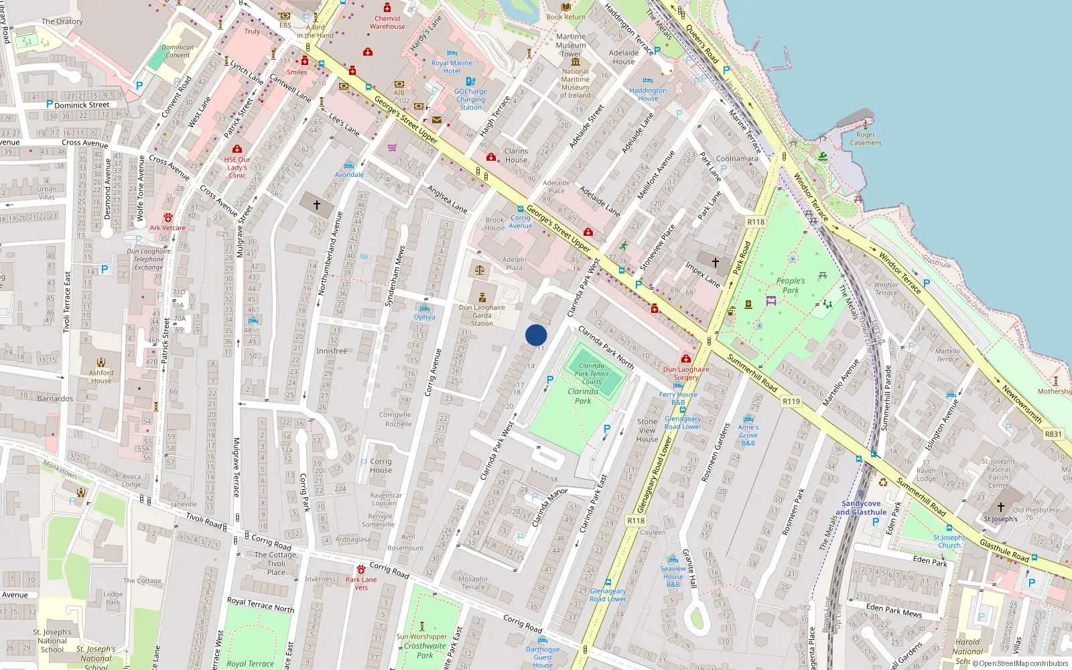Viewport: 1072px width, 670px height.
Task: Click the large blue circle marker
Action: (x=536, y=335)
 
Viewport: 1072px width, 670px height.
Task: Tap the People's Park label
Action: (x=791, y=285)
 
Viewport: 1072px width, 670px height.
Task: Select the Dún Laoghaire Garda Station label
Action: (x=482, y=315)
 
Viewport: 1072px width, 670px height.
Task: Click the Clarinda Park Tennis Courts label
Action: (x=592, y=374)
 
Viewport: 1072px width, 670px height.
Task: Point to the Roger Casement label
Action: (x=866, y=139)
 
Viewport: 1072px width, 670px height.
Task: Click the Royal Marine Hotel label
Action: (x=452, y=67)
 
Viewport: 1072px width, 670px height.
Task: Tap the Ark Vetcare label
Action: (x=167, y=228)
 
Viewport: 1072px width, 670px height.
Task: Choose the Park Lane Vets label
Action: (x=361, y=584)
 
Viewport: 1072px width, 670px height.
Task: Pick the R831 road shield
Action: (x=1053, y=434)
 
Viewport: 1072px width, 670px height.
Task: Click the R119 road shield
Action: (x=791, y=401)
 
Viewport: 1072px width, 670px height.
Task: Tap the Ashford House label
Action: (x=101, y=377)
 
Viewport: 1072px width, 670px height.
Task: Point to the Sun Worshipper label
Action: (x=421, y=636)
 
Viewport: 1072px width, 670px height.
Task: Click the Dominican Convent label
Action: (x=178, y=51)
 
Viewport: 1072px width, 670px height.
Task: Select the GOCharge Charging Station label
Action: (x=470, y=99)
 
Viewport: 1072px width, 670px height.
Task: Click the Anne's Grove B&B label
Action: (x=748, y=435)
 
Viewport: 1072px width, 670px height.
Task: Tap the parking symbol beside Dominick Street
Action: (x=50, y=105)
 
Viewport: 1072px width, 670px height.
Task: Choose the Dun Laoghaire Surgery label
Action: (x=686, y=373)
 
